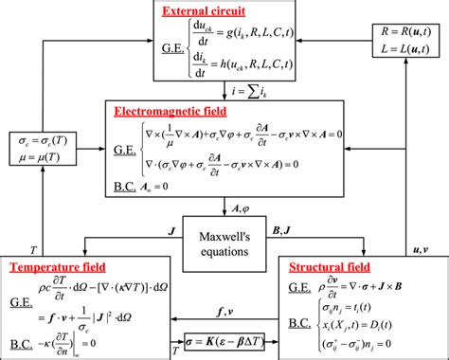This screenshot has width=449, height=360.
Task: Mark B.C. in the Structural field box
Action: [298, 322]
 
